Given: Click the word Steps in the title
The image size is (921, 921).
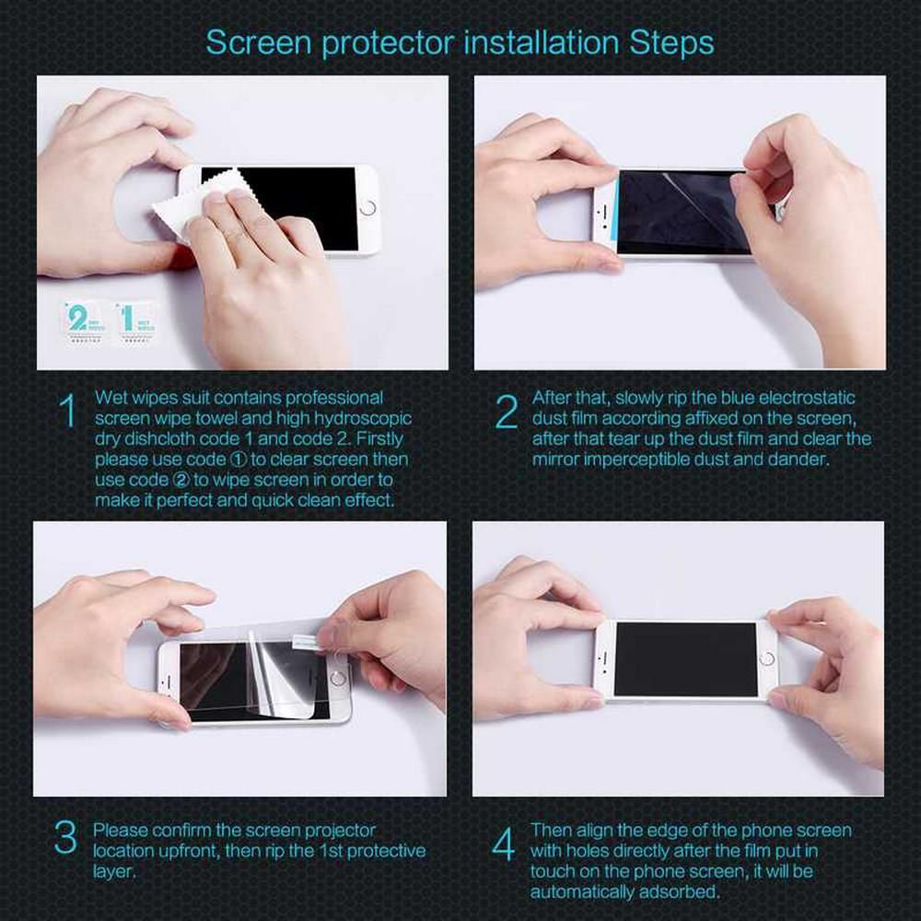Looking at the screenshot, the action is [x=672, y=43].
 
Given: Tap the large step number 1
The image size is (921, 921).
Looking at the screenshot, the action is [x=68, y=410].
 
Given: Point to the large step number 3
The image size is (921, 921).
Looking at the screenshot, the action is [x=65, y=836].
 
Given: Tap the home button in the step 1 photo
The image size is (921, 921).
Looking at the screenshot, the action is [x=367, y=207].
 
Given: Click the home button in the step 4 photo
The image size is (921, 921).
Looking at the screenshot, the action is [x=766, y=658].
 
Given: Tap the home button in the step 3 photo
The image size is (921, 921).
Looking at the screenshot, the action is [x=338, y=679].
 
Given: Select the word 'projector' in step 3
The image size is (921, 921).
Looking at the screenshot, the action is [x=340, y=831].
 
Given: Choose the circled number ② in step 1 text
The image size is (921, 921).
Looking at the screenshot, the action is [x=181, y=480].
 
